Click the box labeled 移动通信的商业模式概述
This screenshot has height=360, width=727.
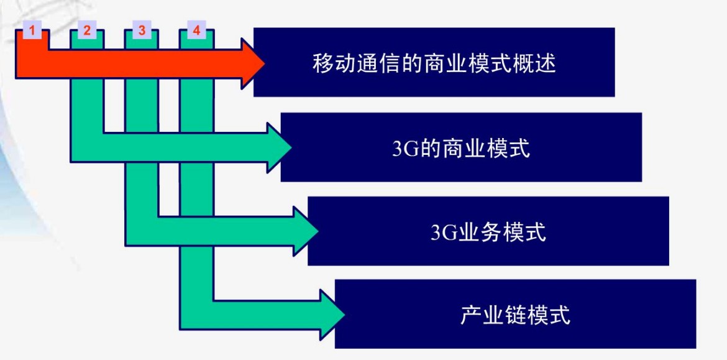pos(434,63)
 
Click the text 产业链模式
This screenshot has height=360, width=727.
pos(515,316)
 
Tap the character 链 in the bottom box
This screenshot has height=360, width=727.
pos(515,316)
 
